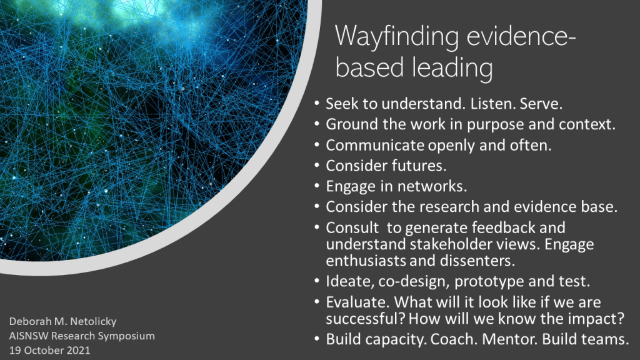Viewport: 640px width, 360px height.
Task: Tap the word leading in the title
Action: (452, 68)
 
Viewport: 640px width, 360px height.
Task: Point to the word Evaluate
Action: (358, 302)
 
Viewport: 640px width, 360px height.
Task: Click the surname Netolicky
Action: (92, 322)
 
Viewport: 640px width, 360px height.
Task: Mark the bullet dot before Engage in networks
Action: (317, 186)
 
